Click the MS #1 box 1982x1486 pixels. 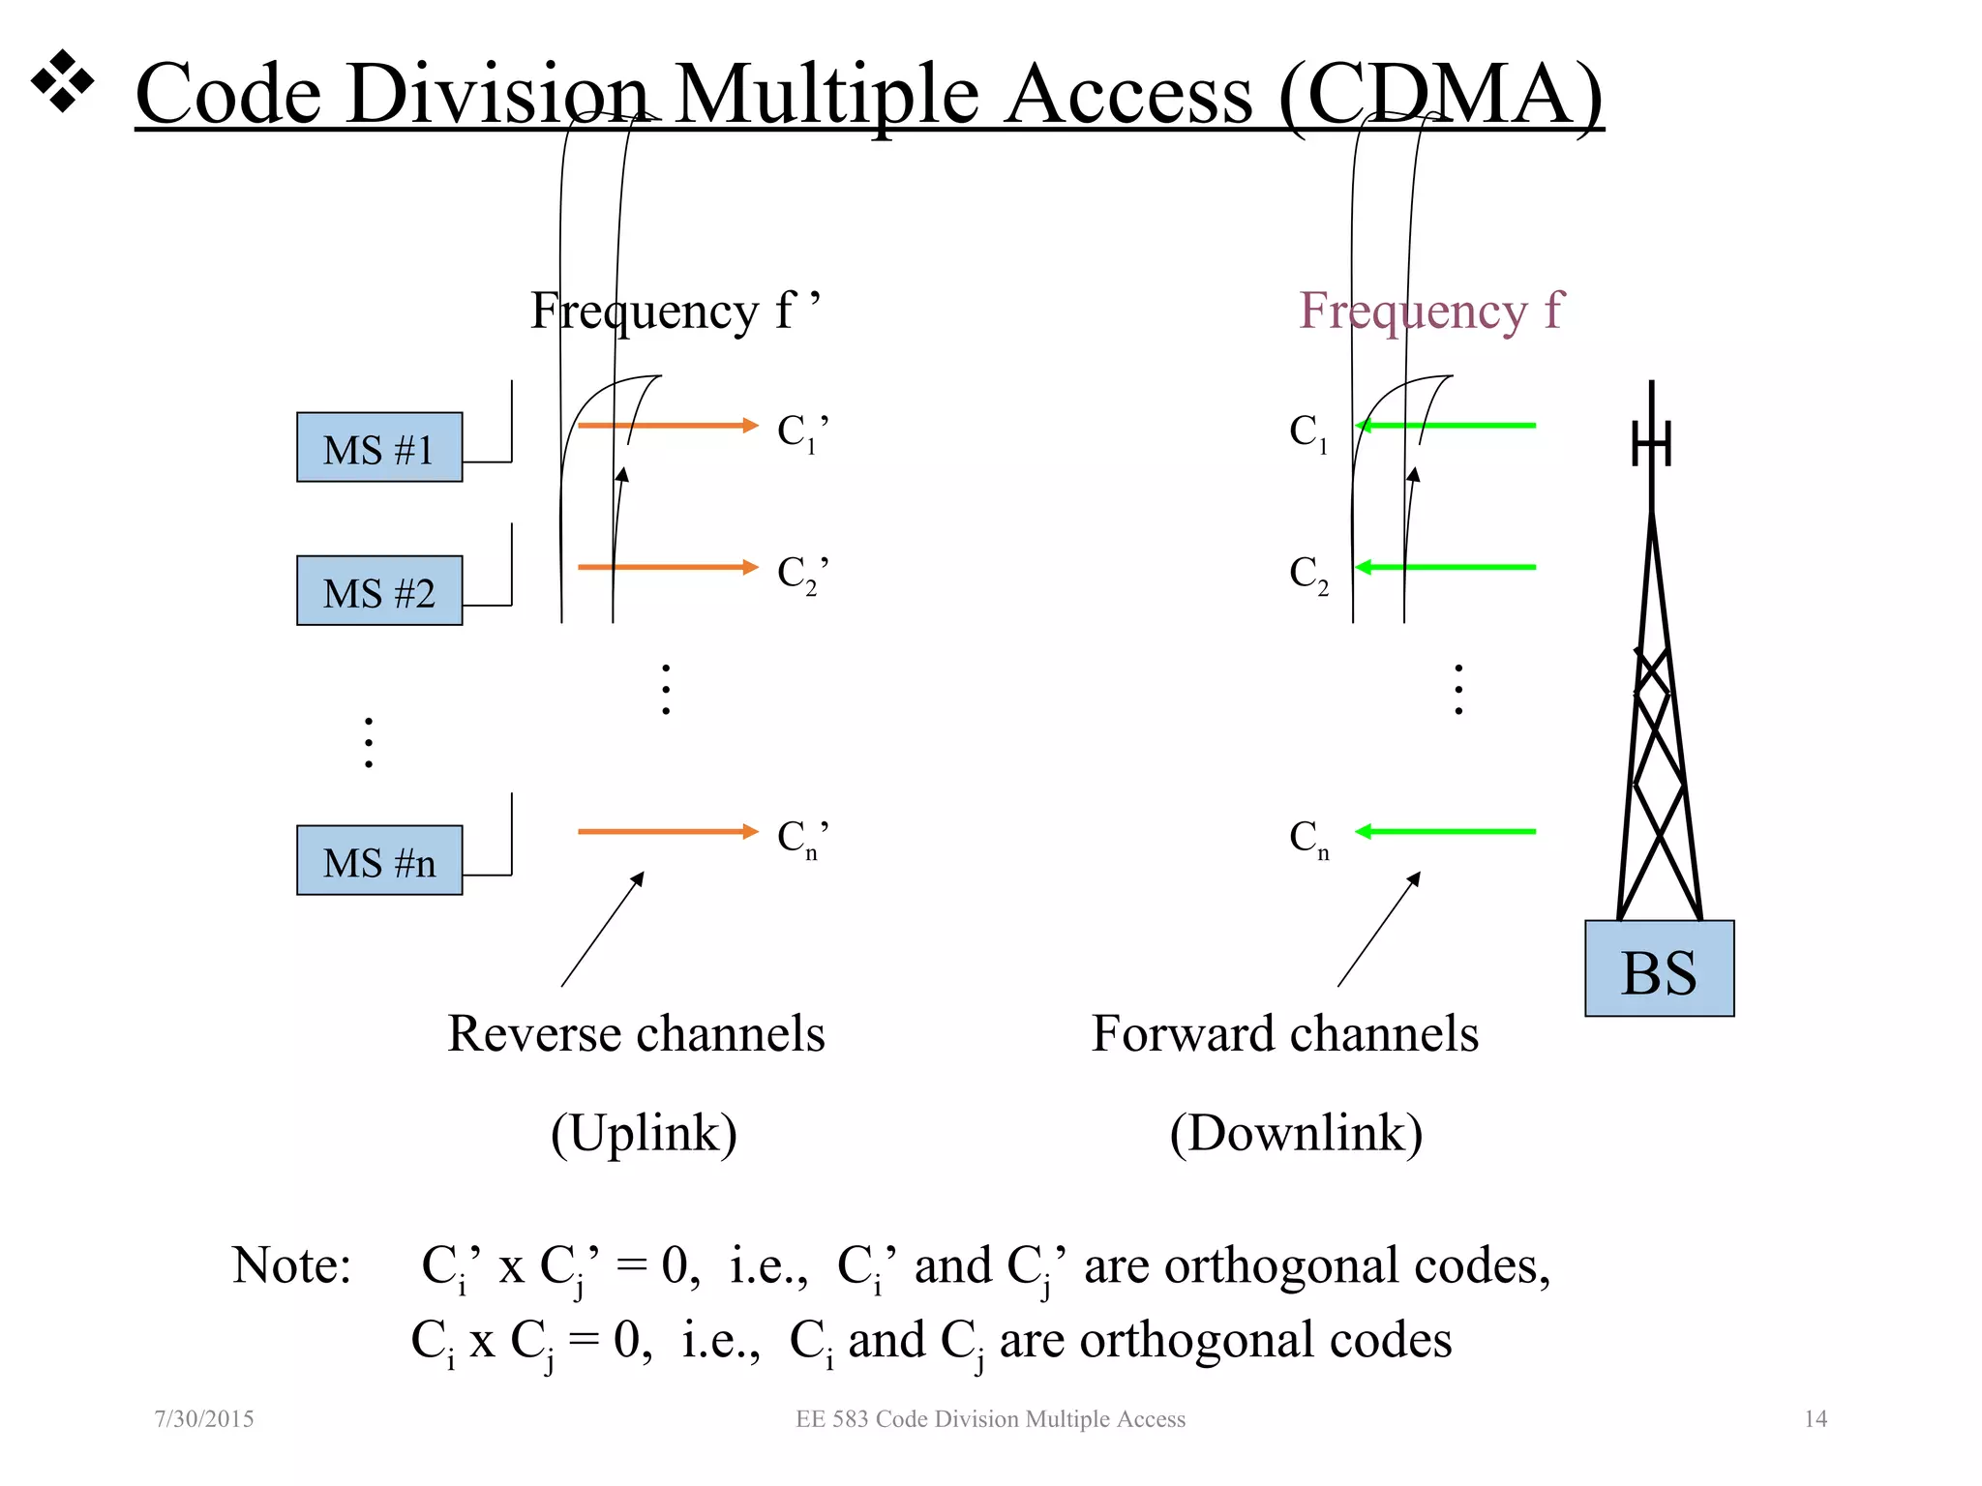tap(378, 448)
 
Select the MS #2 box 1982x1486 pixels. tap(378, 591)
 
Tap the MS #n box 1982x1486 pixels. tap(378, 861)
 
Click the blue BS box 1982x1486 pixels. tap(1658, 969)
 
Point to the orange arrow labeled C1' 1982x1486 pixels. tap(667, 426)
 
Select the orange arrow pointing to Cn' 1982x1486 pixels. tap(667, 831)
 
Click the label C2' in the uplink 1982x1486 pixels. tap(802, 574)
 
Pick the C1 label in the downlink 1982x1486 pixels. tap(1307, 431)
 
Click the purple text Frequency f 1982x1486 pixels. tap(1430, 312)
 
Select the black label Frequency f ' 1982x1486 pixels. tap(675, 312)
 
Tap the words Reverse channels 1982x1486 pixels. tap(636, 1033)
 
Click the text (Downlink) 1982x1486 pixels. tap(1296, 1133)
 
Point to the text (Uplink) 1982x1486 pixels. tap(644, 1133)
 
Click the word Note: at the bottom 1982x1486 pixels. tap(291, 1265)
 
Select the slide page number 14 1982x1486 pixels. tap(1815, 1419)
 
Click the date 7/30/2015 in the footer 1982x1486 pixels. tap(204, 1419)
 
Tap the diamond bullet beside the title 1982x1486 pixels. tap(63, 80)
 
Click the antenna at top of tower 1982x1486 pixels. tap(1651, 440)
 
